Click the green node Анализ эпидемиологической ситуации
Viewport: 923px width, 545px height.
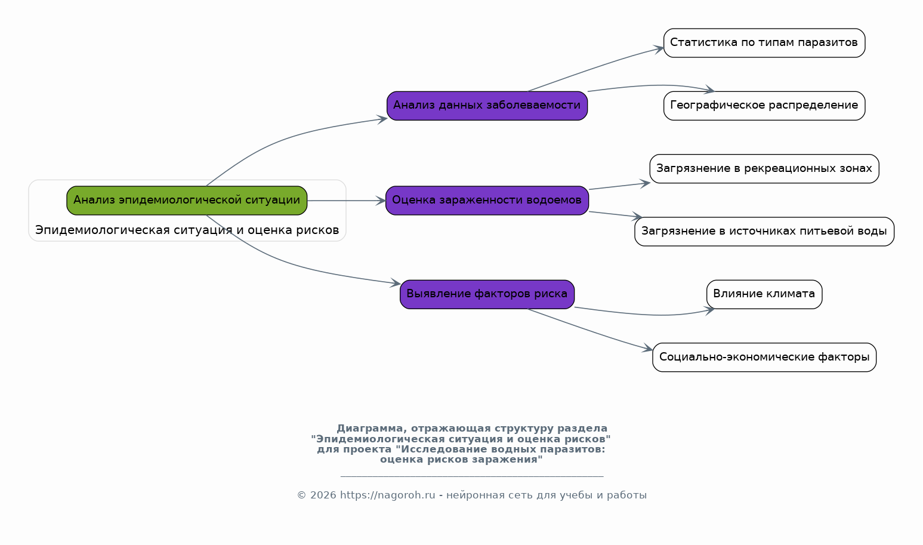pos(187,201)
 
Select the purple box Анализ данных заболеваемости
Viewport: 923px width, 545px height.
pos(487,106)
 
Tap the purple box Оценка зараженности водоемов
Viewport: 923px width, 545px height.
pos(487,201)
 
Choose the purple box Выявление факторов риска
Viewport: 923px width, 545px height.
pos(487,294)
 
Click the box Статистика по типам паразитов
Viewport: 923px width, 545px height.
pos(764,43)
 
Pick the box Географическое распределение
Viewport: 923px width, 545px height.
pos(764,106)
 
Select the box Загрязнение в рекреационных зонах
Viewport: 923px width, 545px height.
pos(764,168)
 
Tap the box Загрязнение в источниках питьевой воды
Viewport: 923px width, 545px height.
pos(764,232)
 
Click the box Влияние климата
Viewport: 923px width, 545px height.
pos(764,294)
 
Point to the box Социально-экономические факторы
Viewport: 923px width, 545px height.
pos(764,358)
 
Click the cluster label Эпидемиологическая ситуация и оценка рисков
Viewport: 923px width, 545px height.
pos(187,230)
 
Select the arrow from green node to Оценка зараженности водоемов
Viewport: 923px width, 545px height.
pos(347,201)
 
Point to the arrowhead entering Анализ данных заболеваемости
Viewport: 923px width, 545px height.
pos(382,119)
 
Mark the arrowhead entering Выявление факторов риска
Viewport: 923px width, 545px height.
pos(396,283)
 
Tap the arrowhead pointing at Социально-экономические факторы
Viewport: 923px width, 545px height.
pos(647,349)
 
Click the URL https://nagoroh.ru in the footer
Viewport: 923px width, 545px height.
pos(387,495)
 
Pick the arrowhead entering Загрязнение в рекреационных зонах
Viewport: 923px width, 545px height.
pos(645,184)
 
